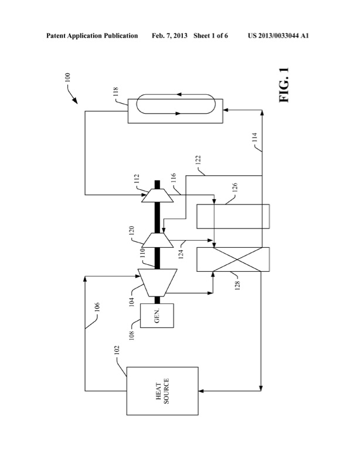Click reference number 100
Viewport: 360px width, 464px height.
point(67,77)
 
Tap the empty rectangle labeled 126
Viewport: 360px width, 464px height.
point(232,216)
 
